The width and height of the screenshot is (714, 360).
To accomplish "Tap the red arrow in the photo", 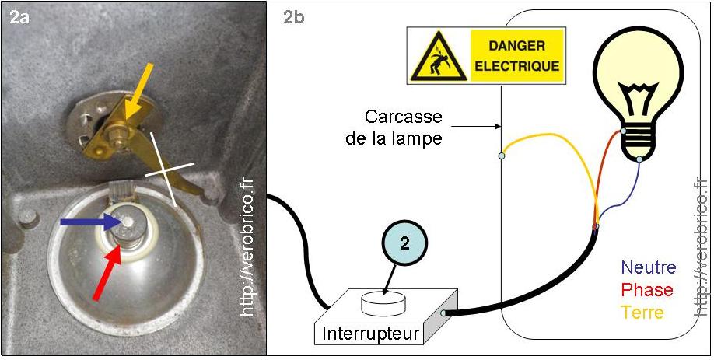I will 108,269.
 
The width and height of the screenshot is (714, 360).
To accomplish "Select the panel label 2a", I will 20,17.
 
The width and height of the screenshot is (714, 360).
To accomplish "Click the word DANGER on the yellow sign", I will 517,45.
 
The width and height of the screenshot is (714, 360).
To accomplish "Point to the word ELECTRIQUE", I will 517,66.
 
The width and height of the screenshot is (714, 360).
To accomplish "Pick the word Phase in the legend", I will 645,290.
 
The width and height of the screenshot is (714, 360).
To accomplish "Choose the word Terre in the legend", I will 642,313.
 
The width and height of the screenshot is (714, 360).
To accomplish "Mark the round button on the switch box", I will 387,300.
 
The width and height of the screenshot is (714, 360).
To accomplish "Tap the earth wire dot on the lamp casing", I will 502,156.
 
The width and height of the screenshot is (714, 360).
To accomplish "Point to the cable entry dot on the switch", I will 443,313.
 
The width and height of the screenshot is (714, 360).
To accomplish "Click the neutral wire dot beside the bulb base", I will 639,160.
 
